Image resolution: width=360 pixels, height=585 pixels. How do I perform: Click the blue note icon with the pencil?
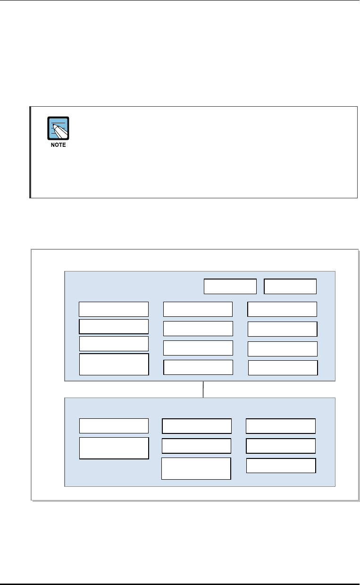pyautogui.click(x=58, y=128)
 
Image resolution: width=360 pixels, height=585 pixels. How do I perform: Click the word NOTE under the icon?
pyautogui.click(x=58, y=145)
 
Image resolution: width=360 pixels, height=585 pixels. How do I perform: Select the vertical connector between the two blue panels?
pyautogui.click(x=203, y=389)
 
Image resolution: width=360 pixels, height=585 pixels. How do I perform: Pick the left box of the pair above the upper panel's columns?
pyautogui.click(x=230, y=286)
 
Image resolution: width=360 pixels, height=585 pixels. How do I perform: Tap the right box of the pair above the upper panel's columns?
pyautogui.click(x=290, y=286)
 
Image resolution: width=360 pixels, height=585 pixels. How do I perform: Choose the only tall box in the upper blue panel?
pyautogui.click(x=114, y=364)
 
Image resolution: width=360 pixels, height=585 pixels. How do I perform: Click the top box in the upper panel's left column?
pyautogui.click(x=114, y=309)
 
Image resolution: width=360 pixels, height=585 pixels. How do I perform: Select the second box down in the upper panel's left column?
pyautogui.click(x=114, y=326)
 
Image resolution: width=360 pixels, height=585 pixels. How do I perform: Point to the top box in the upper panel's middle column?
pyautogui.click(x=198, y=309)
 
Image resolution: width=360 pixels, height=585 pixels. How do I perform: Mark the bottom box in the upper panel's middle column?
pyautogui.click(x=198, y=367)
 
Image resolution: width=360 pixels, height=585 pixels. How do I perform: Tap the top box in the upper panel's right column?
pyautogui.click(x=282, y=309)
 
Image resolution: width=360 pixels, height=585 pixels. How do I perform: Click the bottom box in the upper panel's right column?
pyautogui.click(x=283, y=367)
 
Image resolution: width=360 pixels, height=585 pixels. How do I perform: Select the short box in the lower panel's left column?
pyautogui.click(x=114, y=425)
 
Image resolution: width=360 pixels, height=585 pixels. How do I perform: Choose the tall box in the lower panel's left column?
pyautogui.click(x=114, y=448)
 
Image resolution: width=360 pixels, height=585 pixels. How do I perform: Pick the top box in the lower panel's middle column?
pyautogui.click(x=197, y=425)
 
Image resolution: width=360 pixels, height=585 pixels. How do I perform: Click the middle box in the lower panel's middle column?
pyautogui.click(x=196, y=446)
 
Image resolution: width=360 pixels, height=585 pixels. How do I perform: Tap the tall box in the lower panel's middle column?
pyautogui.click(x=196, y=468)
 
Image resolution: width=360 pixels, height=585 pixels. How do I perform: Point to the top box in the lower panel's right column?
pyautogui.click(x=281, y=425)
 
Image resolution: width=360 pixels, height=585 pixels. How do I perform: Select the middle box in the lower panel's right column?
pyautogui.click(x=281, y=446)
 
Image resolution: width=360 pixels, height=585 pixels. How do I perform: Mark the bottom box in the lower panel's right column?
pyautogui.click(x=281, y=466)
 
